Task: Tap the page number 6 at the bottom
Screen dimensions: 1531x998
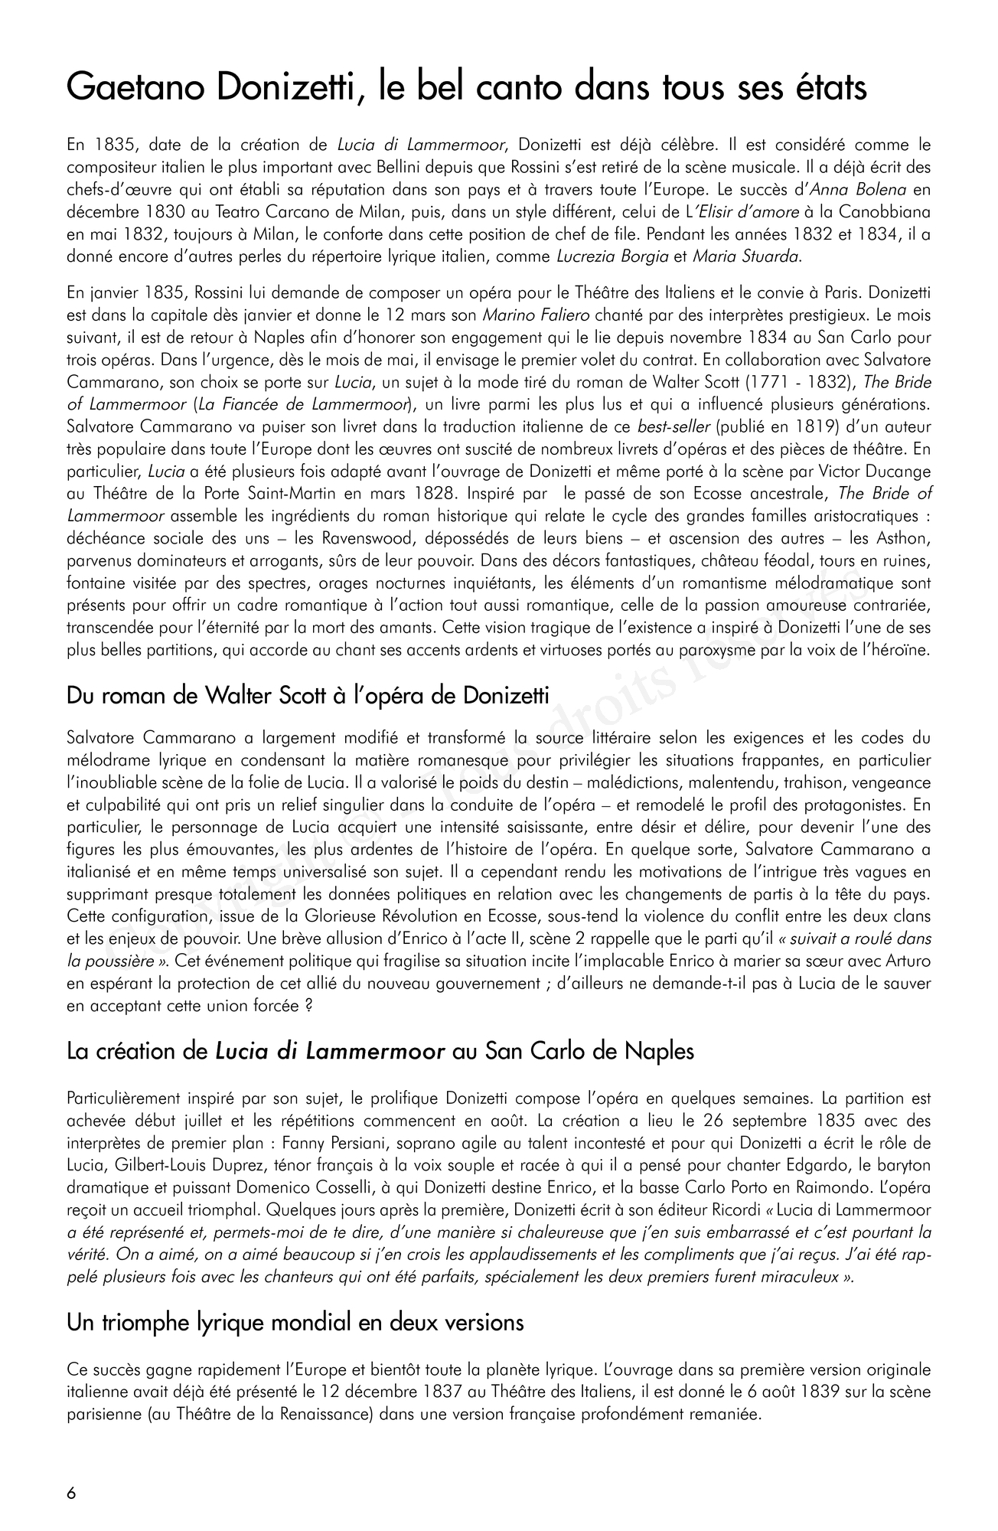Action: click(x=72, y=1493)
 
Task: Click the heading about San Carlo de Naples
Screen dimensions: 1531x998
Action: click(x=380, y=1051)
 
